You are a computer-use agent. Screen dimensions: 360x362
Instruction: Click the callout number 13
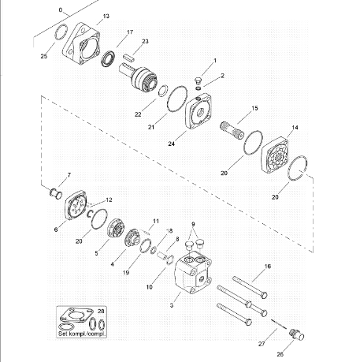[106, 17]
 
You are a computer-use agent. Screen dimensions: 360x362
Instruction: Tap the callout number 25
[44, 56]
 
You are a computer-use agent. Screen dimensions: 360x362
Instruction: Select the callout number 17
[130, 32]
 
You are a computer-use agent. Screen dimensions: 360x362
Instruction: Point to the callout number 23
[145, 41]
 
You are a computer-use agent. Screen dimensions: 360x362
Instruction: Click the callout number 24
[171, 144]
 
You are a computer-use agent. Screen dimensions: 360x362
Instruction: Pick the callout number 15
[254, 108]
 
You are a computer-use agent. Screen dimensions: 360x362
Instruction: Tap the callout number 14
[295, 128]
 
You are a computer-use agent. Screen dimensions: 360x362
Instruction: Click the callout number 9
[193, 224]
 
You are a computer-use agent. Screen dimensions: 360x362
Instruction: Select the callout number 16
[268, 267]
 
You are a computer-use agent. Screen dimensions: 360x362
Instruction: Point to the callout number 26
[280, 354]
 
